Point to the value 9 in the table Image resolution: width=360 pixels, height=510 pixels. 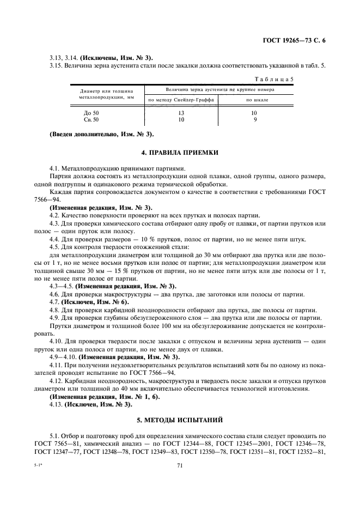(x=254, y=119)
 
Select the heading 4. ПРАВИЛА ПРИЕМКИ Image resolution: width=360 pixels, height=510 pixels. (x=180, y=153)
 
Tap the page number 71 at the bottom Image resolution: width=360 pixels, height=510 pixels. (x=179, y=465)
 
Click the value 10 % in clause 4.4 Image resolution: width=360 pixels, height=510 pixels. (x=150, y=239)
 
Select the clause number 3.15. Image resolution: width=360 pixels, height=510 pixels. (x=57, y=66)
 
